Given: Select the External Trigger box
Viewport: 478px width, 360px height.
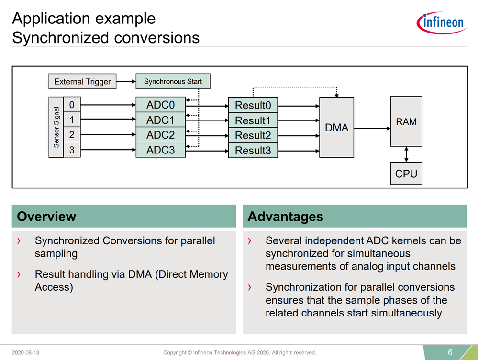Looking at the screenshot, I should [x=82, y=82].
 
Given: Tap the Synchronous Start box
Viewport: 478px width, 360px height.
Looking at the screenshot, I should [x=173, y=82].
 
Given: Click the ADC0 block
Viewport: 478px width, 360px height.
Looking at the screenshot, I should [x=160, y=105].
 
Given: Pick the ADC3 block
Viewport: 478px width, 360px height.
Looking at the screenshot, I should [x=160, y=150].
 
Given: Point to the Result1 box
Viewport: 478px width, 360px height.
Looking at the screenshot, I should [x=253, y=120].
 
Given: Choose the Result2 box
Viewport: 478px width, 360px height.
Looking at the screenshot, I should [x=253, y=136].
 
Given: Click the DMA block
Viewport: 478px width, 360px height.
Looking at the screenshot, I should [x=336, y=128].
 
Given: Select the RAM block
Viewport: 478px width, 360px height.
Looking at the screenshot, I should [x=406, y=122].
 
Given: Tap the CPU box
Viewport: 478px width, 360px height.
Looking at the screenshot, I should [x=406, y=174].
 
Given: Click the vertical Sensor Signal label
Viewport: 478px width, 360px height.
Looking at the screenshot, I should [x=56, y=127].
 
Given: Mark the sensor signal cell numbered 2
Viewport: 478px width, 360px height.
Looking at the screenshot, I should [x=72, y=135].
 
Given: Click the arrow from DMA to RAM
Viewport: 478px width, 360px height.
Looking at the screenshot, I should [x=372, y=128].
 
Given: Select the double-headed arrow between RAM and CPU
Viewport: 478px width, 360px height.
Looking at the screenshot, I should [x=406, y=154].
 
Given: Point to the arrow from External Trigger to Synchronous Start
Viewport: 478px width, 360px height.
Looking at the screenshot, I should [x=126, y=82].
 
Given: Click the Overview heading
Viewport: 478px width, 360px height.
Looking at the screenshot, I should [x=46, y=217].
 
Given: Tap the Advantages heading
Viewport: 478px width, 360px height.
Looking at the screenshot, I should [x=285, y=217].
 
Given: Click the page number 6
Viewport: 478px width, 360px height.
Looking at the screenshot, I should [x=450, y=353].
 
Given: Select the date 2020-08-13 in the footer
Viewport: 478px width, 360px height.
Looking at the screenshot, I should [x=26, y=353].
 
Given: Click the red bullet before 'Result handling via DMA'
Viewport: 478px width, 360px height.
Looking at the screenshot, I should [x=19, y=275].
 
